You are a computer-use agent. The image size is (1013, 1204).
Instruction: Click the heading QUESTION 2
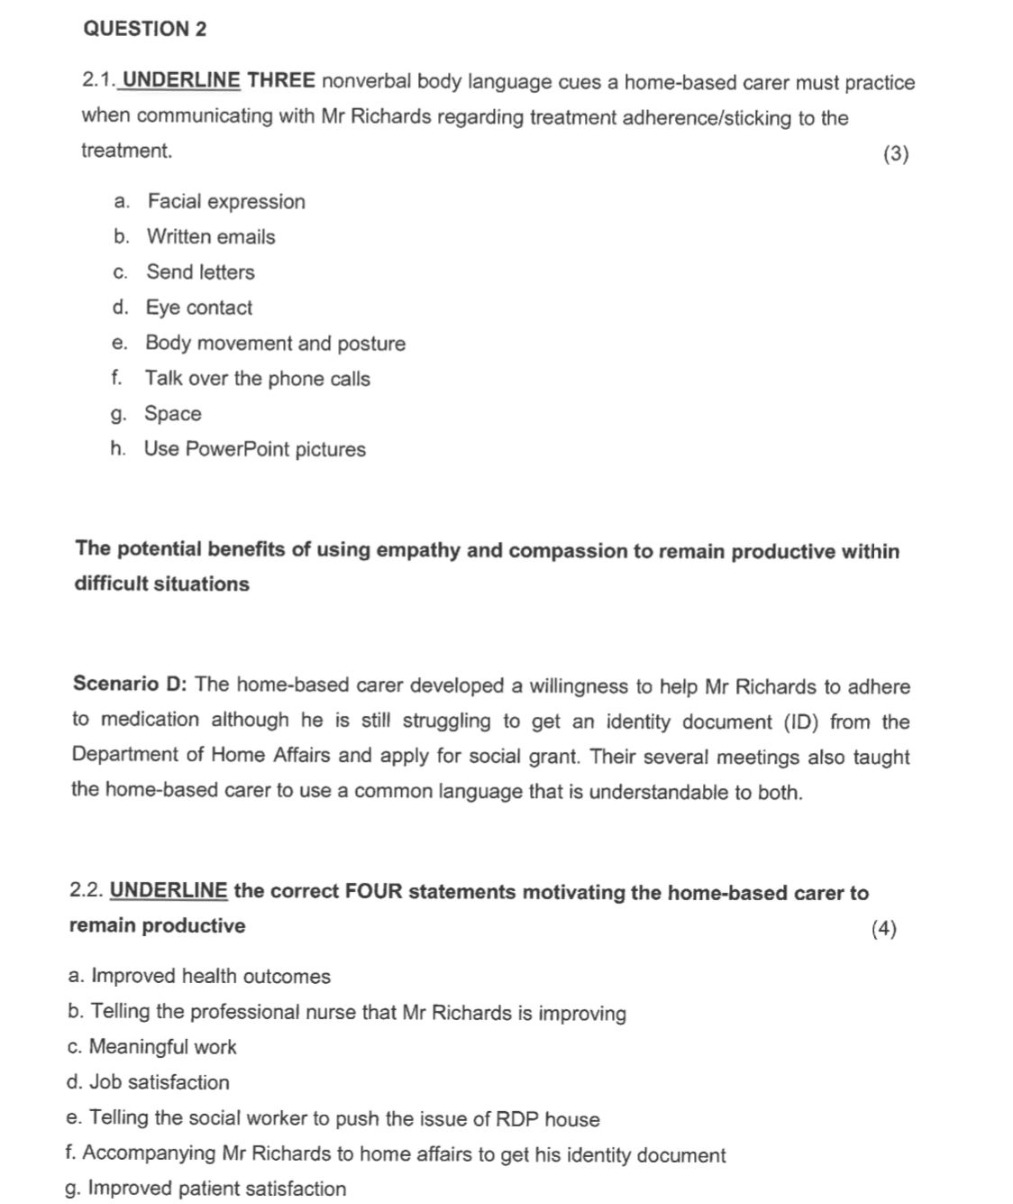pyautogui.click(x=144, y=29)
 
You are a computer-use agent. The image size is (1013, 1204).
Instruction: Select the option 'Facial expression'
pyautogui.click(x=226, y=201)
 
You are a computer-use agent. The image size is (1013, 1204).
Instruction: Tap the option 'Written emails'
pyautogui.click(x=211, y=236)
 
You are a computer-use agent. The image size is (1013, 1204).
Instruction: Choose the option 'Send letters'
pyautogui.click(x=200, y=271)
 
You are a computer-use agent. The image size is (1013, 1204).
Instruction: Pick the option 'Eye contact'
pyautogui.click(x=199, y=308)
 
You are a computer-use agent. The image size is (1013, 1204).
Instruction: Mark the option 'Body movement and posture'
pyautogui.click(x=275, y=343)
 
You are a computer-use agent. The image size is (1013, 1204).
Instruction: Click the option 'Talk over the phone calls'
pyautogui.click(x=257, y=379)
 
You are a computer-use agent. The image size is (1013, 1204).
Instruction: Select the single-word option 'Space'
pyautogui.click(x=173, y=414)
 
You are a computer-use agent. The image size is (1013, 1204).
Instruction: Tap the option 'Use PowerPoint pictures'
pyautogui.click(x=255, y=449)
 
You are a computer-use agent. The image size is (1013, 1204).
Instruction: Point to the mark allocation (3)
pyautogui.click(x=896, y=153)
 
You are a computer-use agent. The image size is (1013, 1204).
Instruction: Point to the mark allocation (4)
pyautogui.click(x=884, y=928)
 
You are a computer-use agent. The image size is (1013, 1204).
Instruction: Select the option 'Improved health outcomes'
pyautogui.click(x=211, y=976)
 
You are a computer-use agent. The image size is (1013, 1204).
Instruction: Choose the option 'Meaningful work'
pyautogui.click(x=162, y=1047)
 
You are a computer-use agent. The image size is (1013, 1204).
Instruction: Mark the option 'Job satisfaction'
pyautogui.click(x=159, y=1082)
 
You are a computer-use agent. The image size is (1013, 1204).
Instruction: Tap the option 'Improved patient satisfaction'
pyautogui.click(x=216, y=1189)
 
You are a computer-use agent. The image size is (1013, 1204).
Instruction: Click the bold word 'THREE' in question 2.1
pyautogui.click(x=281, y=80)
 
